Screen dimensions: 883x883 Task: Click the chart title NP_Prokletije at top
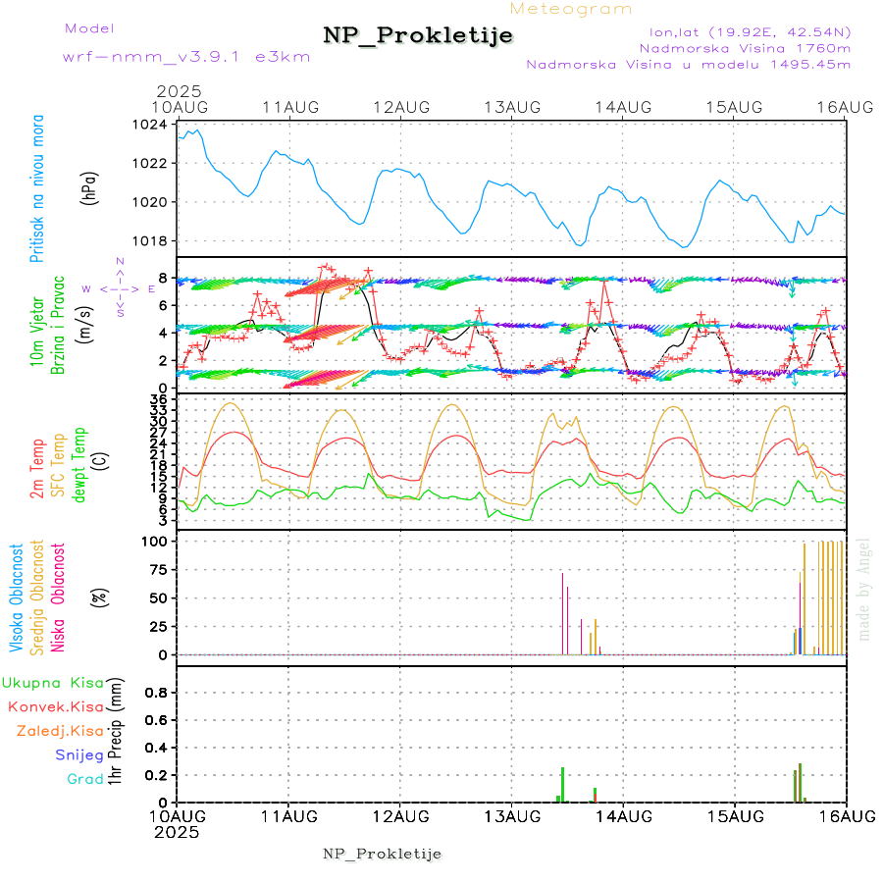[x=418, y=35]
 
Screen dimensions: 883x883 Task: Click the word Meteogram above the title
[x=572, y=9]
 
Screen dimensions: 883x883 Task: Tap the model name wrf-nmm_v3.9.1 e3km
[x=186, y=57]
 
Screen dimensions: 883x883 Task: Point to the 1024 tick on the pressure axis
[x=152, y=125]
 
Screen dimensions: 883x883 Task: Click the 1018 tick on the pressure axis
[x=152, y=240]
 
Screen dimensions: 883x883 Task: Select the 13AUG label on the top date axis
[x=512, y=106]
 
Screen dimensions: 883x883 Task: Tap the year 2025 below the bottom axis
[x=178, y=832]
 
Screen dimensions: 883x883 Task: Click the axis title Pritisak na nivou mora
[x=37, y=189]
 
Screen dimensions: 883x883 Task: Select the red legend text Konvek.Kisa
[x=55, y=706]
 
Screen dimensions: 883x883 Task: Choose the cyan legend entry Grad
[x=84, y=780]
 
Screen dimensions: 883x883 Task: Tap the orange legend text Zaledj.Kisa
[x=60, y=731]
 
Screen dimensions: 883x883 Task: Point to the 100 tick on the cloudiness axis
[x=156, y=542]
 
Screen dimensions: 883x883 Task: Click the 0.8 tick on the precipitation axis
[x=156, y=693]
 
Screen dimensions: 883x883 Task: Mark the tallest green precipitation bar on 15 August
[x=801, y=783]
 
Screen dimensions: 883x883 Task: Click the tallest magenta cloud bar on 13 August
[x=562, y=613]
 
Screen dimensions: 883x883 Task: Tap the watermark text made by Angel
[x=864, y=589]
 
